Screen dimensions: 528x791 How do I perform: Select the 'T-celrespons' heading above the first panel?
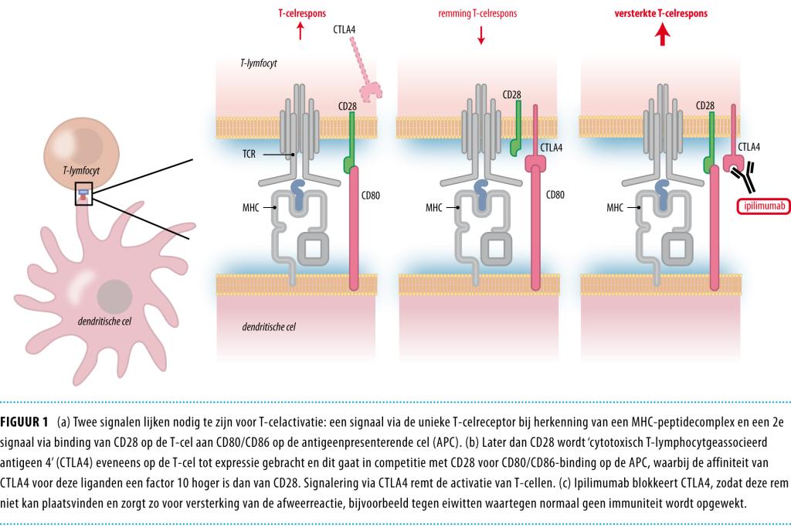click(x=301, y=13)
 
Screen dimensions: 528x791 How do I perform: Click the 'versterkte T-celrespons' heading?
click(x=660, y=13)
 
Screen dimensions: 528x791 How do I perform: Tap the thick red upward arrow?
click(x=661, y=35)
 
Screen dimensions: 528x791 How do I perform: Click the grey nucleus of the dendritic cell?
click(x=114, y=298)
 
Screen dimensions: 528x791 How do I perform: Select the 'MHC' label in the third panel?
click(x=615, y=207)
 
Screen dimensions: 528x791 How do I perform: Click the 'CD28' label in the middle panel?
click(x=511, y=94)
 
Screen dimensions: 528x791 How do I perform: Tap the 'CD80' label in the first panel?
click(x=371, y=195)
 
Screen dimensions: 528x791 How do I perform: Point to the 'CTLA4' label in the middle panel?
click(x=552, y=147)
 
